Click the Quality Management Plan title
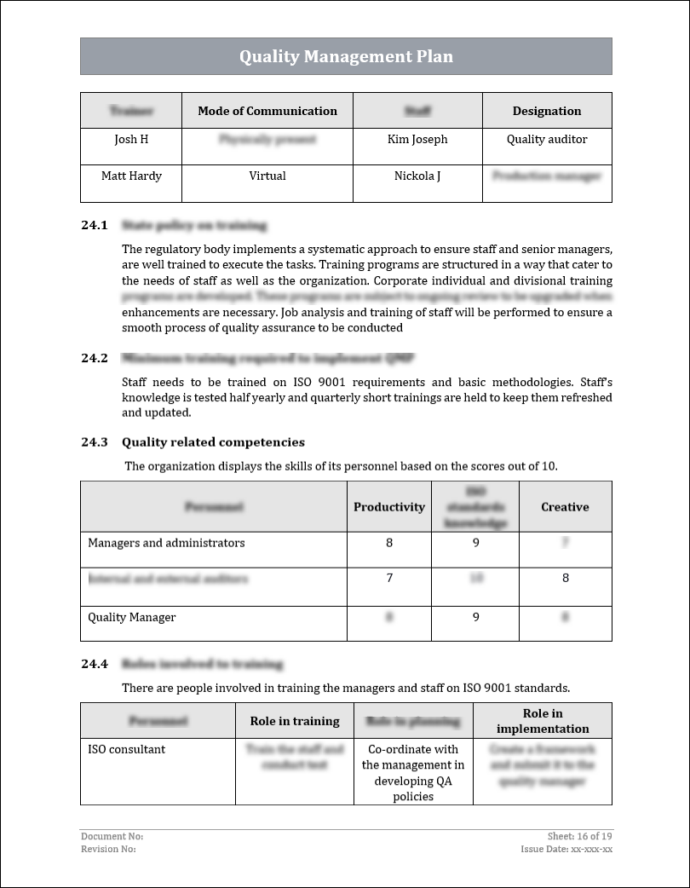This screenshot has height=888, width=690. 346,57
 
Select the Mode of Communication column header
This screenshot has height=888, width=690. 267,111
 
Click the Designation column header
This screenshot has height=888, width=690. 547,111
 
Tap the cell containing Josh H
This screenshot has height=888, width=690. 131,140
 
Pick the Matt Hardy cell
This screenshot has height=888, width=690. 131,176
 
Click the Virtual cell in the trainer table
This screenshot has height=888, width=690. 267,176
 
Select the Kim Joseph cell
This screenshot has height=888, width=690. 417,140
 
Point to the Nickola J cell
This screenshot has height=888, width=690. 417,176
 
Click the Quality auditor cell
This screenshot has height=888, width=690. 547,140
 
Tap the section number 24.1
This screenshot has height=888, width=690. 95,226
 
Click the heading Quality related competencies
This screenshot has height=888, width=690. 213,442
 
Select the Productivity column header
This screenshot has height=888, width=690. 389,507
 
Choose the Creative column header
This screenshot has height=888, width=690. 565,507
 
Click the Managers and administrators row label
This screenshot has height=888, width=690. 166,544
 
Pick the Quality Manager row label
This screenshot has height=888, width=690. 132,618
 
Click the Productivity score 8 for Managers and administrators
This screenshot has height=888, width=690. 389,544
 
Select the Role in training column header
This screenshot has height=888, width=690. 295,722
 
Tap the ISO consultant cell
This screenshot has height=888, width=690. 127,750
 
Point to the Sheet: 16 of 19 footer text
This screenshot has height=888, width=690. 579,837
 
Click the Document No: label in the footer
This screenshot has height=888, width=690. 112,837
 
